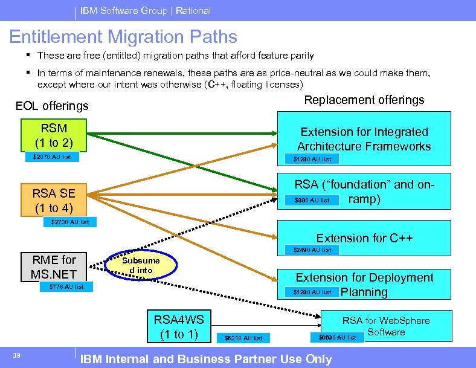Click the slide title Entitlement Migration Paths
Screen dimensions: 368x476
(123, 37)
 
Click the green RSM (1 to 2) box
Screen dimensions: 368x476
(54, 135)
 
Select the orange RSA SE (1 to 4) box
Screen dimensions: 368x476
(54, 201)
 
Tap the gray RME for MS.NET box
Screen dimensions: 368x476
(54, 267)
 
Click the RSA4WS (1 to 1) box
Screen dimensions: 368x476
(179, 326)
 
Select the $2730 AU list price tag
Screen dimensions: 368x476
(70, 222)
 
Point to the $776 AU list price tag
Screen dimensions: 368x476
(66, 286)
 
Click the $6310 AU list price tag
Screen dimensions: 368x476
(243, 338)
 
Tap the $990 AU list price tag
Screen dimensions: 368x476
(312, 200)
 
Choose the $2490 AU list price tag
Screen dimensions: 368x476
(312, 250)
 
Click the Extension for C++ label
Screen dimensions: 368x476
(364, 238)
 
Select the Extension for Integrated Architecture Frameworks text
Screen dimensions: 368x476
(364, 139)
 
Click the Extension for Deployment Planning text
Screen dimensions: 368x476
(364, 285)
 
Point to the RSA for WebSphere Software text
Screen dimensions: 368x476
(386, 326)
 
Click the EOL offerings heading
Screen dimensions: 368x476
(52, 106)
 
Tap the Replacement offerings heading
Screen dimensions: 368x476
(364, 100)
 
